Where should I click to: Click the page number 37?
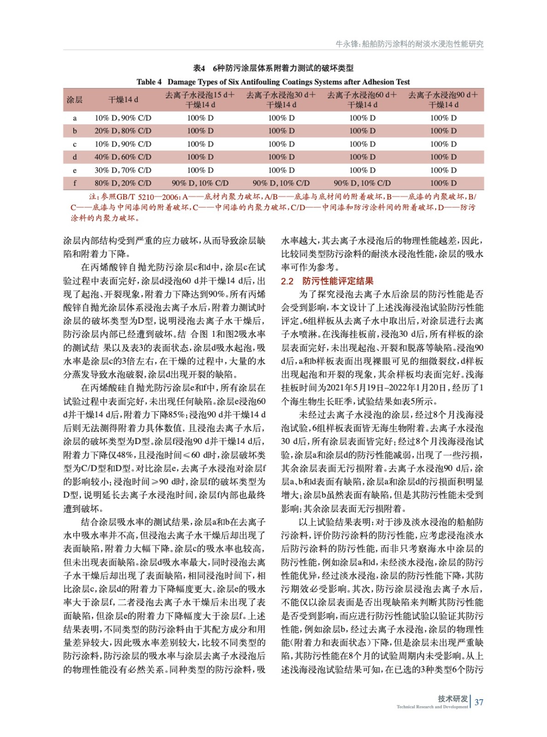tap(479, 702)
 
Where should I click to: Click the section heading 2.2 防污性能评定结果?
tap(327, 281)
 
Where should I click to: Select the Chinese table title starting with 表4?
tap(273, 68)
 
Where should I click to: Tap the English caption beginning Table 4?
tap(273, 82)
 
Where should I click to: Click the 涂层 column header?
tap(75, 99)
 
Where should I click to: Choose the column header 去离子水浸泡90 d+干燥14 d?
tap(443, 99)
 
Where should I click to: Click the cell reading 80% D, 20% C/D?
tap(123, 183)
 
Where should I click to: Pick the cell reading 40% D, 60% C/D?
tap(123, 157)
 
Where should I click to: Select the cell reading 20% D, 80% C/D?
tap(123, 131)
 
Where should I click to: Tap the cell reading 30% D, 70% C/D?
tap(123, 170)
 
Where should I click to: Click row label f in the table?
tap(75, 183)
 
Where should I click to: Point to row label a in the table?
tap(75, 118)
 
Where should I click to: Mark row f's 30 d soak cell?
tap(281, 183)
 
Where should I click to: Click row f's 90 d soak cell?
tap(443, 183)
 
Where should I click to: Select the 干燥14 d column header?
tap(123, 99)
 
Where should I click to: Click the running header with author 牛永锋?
tap(409, 44)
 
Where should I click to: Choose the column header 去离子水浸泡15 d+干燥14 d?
tap(200, 99)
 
